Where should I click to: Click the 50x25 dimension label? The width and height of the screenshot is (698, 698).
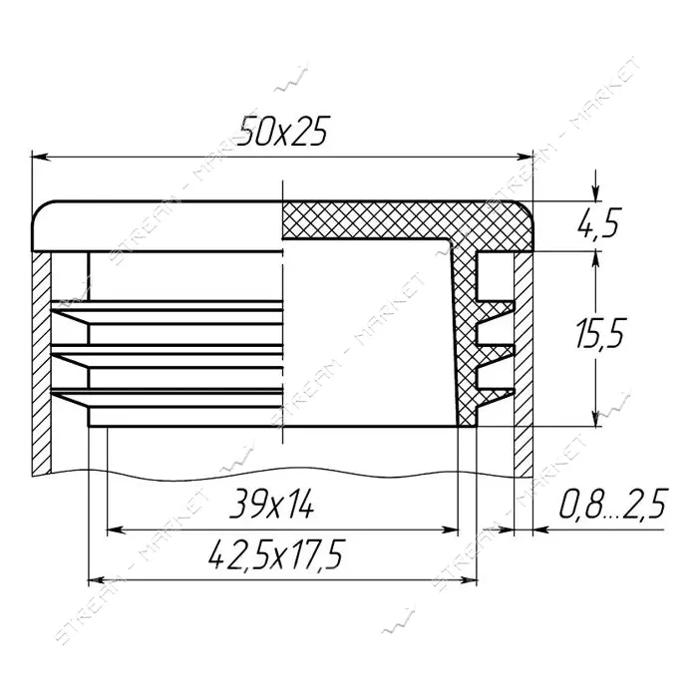282,132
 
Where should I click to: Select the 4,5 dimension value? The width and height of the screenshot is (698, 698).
598,222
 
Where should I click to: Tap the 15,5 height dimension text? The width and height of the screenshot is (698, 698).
600,333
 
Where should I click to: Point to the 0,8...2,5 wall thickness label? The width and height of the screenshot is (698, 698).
614,504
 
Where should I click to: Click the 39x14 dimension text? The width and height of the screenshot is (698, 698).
271,504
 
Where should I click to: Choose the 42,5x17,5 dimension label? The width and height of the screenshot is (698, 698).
276,554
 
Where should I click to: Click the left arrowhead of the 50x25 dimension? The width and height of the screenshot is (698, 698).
40,158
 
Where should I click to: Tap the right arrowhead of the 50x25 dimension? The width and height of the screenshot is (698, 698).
523,158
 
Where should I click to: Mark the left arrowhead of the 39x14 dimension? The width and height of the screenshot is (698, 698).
116,530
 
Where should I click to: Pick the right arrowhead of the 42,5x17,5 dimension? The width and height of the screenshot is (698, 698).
469,580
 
